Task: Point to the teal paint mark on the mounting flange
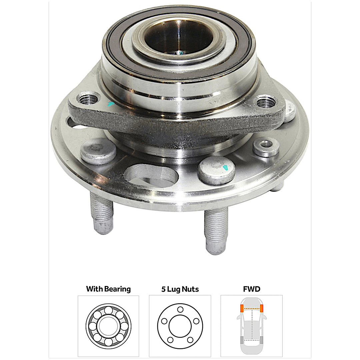(x=111, y=104)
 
